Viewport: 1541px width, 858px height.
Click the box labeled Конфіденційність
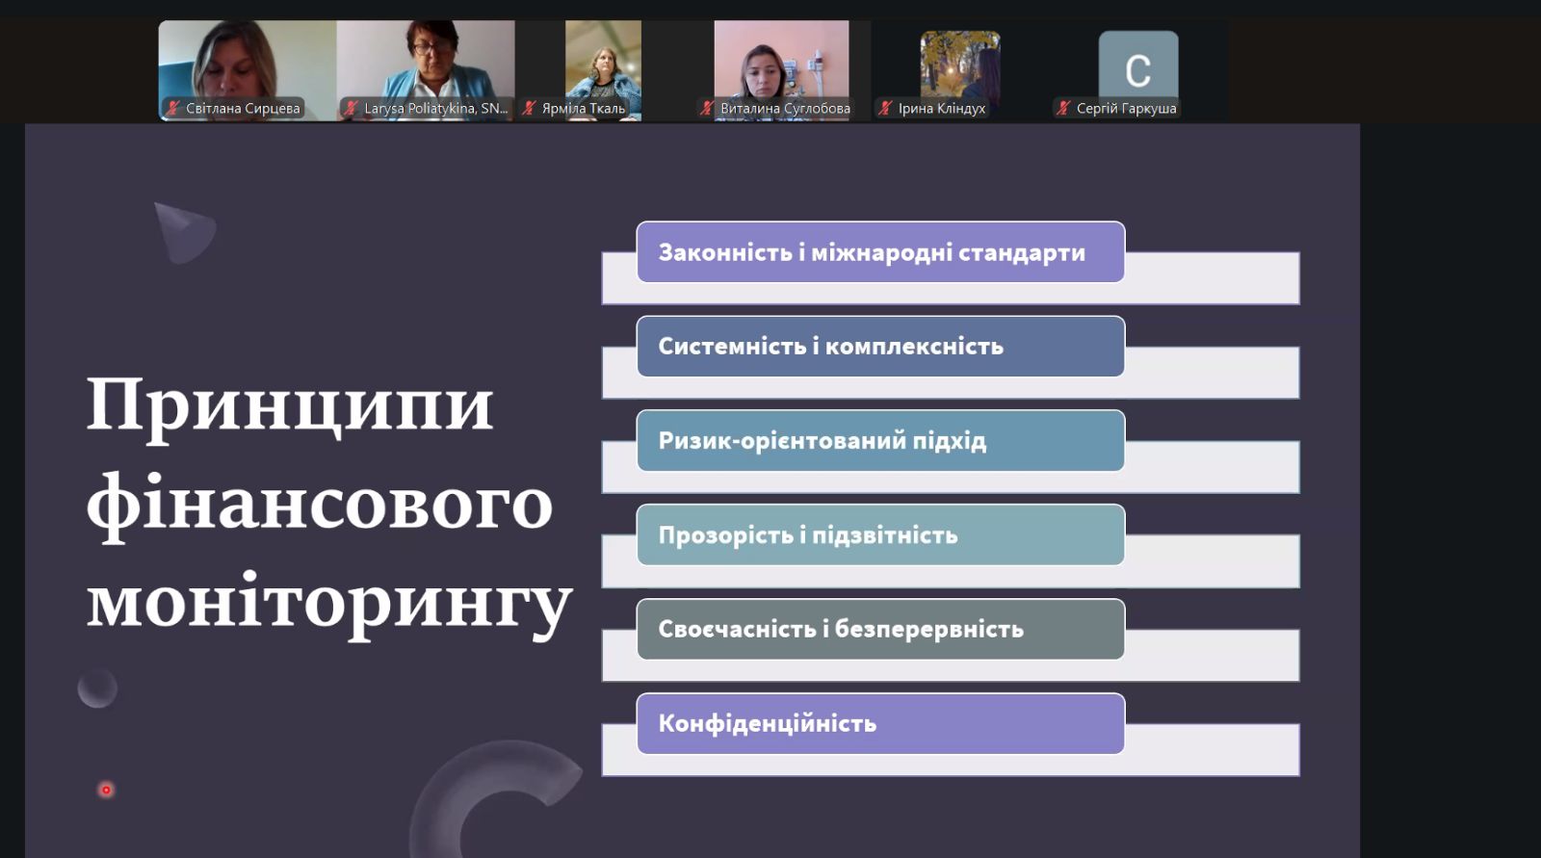tap(880, 723)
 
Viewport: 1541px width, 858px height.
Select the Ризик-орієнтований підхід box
tap(880, 440)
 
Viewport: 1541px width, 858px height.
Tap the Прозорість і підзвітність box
tap(880, 534)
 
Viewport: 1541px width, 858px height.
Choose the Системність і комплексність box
tap(880, 346)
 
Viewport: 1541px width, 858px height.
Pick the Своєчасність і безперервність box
tap(880, 629)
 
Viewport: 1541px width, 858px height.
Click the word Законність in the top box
tap(725, 252)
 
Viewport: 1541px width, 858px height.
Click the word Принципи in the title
tap(290, 406)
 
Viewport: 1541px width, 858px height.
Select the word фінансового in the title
tap(320, 507)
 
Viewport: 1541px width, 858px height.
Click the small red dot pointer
tap(106, 790)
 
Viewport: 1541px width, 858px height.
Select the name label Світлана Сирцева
tap(243, 109)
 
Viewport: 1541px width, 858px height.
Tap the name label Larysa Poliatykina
tap(436, 109)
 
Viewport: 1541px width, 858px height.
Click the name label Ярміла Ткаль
tap(584, 109)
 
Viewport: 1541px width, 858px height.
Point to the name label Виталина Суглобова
tap(785, 109)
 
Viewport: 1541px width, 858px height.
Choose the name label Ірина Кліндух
tap(942, 109)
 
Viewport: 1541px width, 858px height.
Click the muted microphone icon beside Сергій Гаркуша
tap(1063, 108)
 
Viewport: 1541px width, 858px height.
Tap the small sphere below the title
tap(97, 689)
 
